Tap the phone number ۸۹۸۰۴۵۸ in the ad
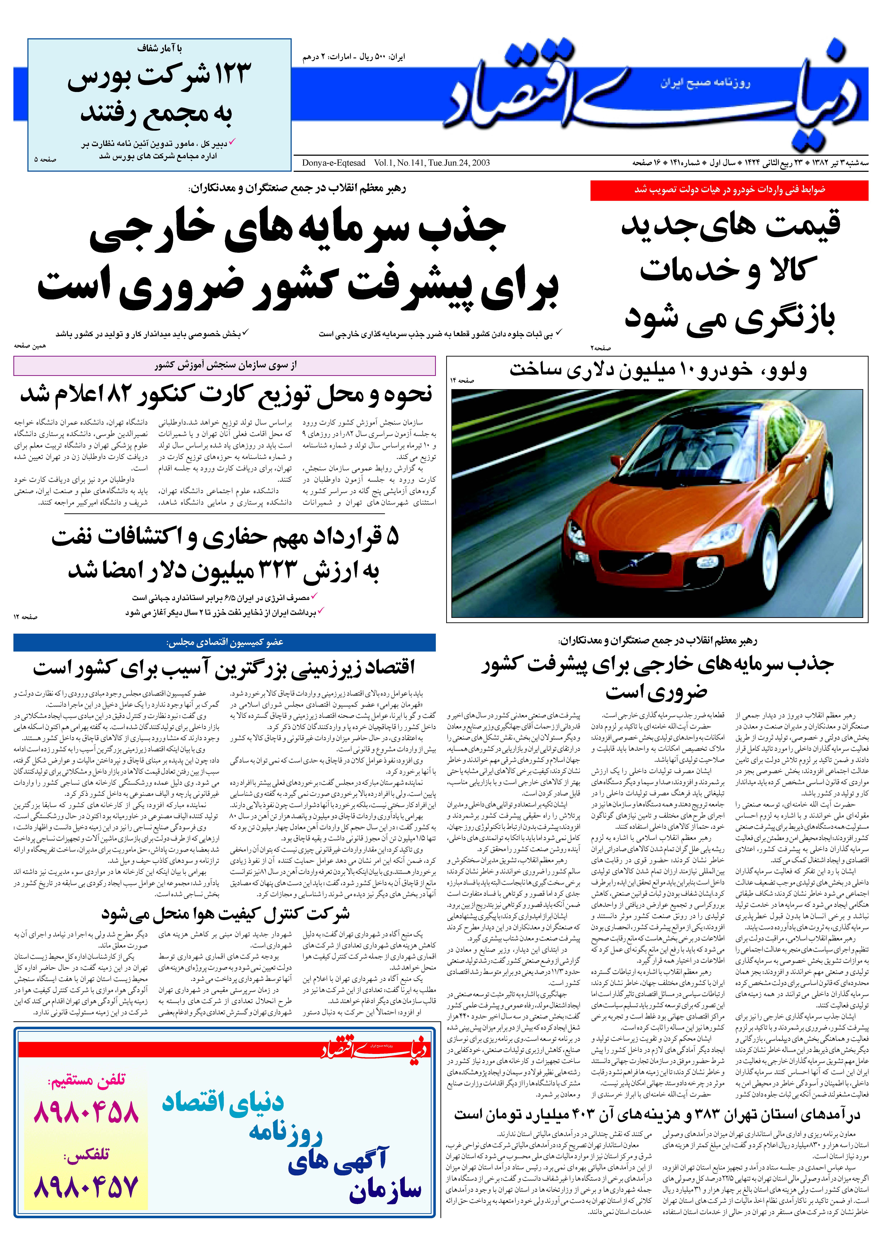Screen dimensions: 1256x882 pos(86,1112)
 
